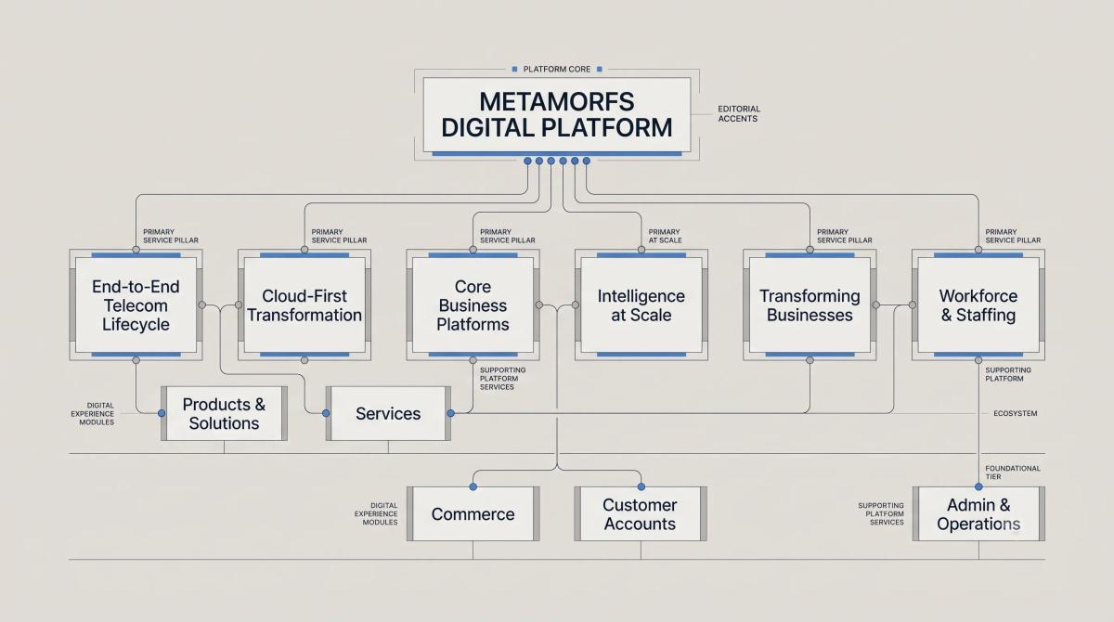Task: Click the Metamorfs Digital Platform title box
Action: click(556, 115)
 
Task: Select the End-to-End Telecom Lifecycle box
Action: click(136, 305)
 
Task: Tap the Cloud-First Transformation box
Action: click(304, 305)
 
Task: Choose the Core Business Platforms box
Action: click(473, 305)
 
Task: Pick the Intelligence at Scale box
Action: click(641, 305)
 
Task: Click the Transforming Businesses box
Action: click(810, 305)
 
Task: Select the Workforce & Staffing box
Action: click(978, 305)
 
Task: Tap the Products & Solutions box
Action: click(224, 413)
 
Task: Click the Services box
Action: click(388, 413)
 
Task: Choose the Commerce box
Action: click(473, 513)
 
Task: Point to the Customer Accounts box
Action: click(641, 513)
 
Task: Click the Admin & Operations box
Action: click(978, 513)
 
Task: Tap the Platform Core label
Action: click(556, 69)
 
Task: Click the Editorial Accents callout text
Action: click(739, 113)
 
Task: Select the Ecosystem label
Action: click(1015, 413)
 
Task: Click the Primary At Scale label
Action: click(665, 236)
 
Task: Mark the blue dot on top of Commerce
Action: click(473, 486)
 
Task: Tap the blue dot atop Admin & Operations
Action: click(978, 486)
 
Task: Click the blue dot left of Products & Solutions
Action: click(162, 413)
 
